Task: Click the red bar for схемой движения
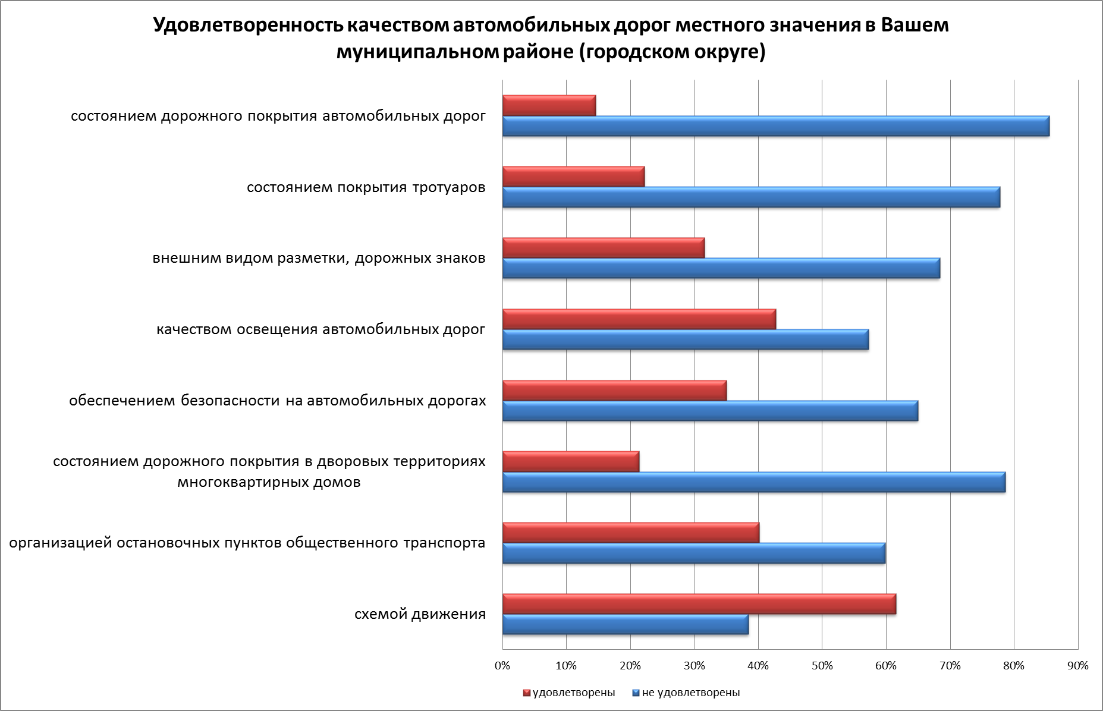[x=699, y=604]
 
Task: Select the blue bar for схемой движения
[x=625, y=625]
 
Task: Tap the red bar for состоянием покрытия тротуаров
[x=573, y=177]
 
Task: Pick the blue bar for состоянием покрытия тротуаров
[x=751, y=197]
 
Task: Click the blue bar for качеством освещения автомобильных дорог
[x=685, y=339]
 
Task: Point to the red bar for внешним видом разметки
[x=603, y=248]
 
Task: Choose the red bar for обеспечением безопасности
[x=614, y=391]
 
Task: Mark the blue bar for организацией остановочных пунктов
[x=693, y=553]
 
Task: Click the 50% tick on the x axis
[x=822, y=666]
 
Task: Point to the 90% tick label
[x=1077, y=666]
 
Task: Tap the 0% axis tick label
[x=502, y=666]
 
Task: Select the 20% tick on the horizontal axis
[x=630, y=666]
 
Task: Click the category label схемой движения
[x=420, y=614]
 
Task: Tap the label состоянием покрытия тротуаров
[x=366, y=188]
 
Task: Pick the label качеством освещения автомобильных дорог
[x=321, y=329]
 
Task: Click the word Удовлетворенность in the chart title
[x=247, y=26]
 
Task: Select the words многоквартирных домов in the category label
[x=269, y=482]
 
